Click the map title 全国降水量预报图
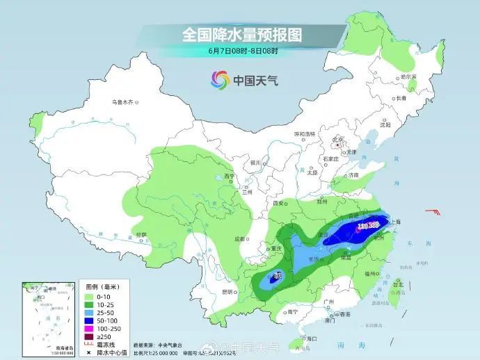coord(242,34)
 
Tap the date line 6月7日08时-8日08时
coord(242,51)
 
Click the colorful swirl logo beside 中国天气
coord(220,80)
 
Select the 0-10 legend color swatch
coord(89,295)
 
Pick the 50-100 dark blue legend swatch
coord(89,319)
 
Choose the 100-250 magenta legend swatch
coord(89,327)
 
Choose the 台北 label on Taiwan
coord(398,285)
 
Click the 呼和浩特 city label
coord(304,133)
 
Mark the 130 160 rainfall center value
coord(367,227)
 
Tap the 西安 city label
coord(280,204)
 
